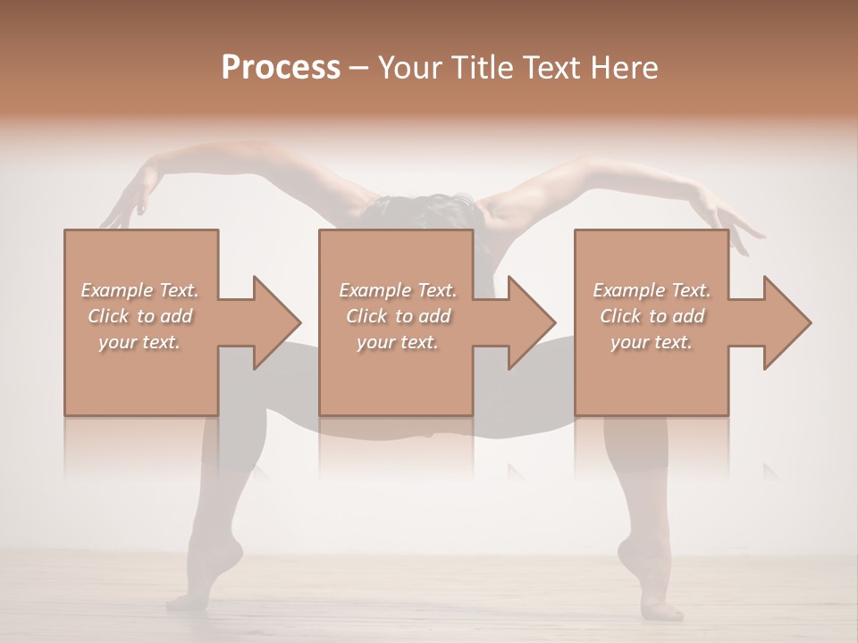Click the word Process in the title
coord(281,67)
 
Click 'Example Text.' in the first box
coord(140,290)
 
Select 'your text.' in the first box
coord(140,342)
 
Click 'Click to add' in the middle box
coord(398,316)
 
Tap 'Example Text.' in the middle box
coord(398,290)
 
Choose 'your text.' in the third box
coord(652,342)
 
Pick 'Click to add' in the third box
coord(652,316)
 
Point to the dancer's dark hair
coord(420,210)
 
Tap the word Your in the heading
coord(405,67)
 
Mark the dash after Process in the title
coord(359,69)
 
